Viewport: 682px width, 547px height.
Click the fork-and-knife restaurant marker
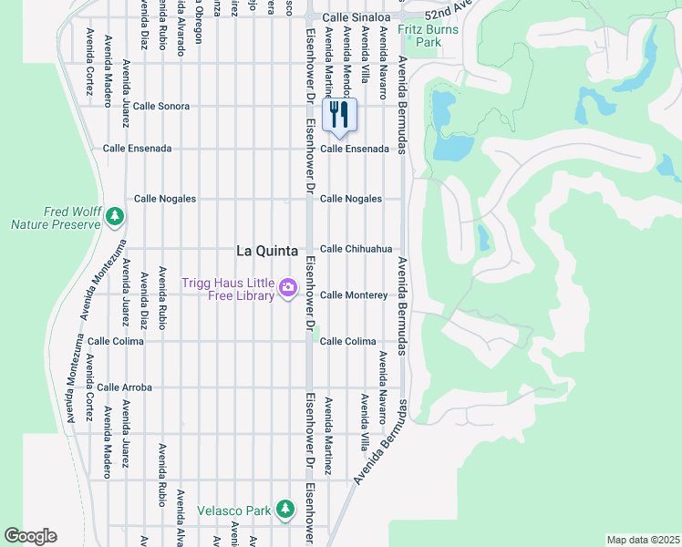[x=339, y=115]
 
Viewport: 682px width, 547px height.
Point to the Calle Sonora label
[x=161, y=106]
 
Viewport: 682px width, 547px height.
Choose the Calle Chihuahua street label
[x=356, y=249]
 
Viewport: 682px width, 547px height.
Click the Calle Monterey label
[x=354, y=295]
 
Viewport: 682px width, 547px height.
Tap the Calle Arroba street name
[x=124, y=387]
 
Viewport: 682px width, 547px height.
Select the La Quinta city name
[x=268, y=250]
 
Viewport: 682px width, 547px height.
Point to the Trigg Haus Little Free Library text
[x=228, y=289]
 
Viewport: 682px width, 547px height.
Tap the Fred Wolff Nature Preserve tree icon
[x=114, y=216]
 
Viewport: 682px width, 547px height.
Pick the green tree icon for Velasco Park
[x=285, y=508]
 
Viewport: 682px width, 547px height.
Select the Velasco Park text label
[x=234, y=511]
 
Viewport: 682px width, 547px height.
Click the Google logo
[x=30, y=536]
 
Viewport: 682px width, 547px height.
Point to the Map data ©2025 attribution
[x=642, y=540]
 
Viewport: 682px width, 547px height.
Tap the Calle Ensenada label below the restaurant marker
[x=355, y=148]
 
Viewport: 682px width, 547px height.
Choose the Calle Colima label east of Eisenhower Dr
[x=347, y=341]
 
